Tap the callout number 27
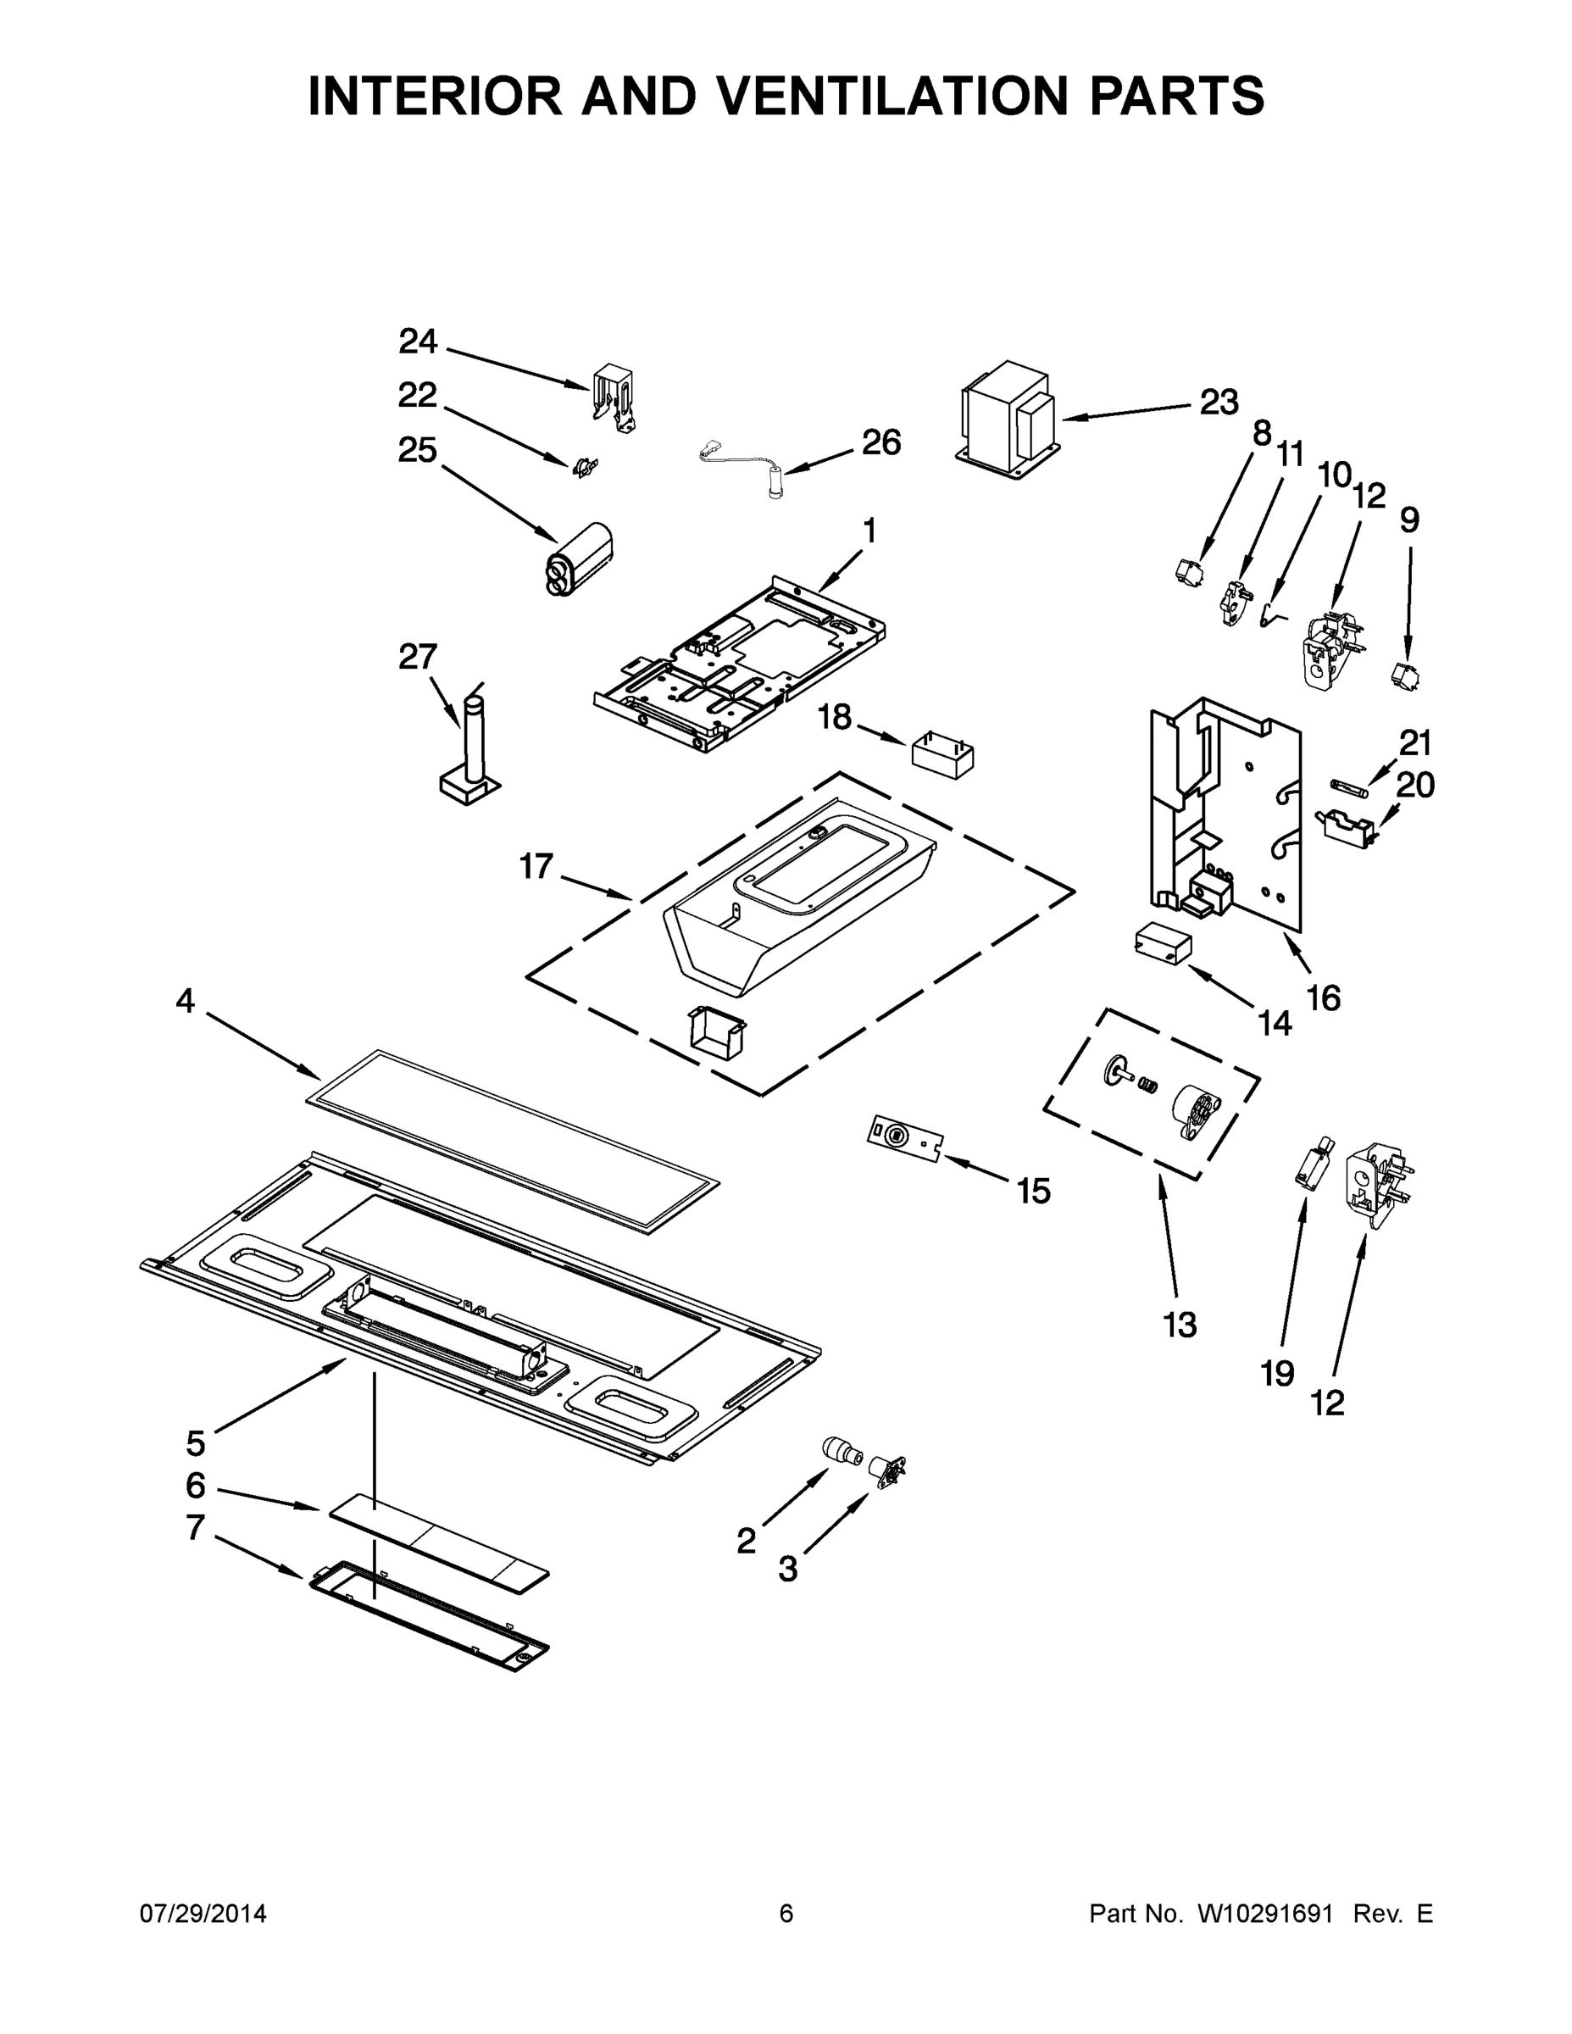(x=417, y=657)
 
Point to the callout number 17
(x=536, y=866)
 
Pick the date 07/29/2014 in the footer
(x=203, y=1914)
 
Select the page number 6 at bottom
(x=786, y=1914)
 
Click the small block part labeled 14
(x=1162, y=944)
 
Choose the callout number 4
(x=186, y=1001)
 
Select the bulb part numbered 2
(x=842, y=1450)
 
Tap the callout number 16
(x=1324, y=998)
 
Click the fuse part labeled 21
(x=1347, y=784)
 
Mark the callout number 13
(x=1179, y=1324)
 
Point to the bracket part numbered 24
(x=614, y=397)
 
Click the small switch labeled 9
(x=1405, y=675)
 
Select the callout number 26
(x=881, y=442)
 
